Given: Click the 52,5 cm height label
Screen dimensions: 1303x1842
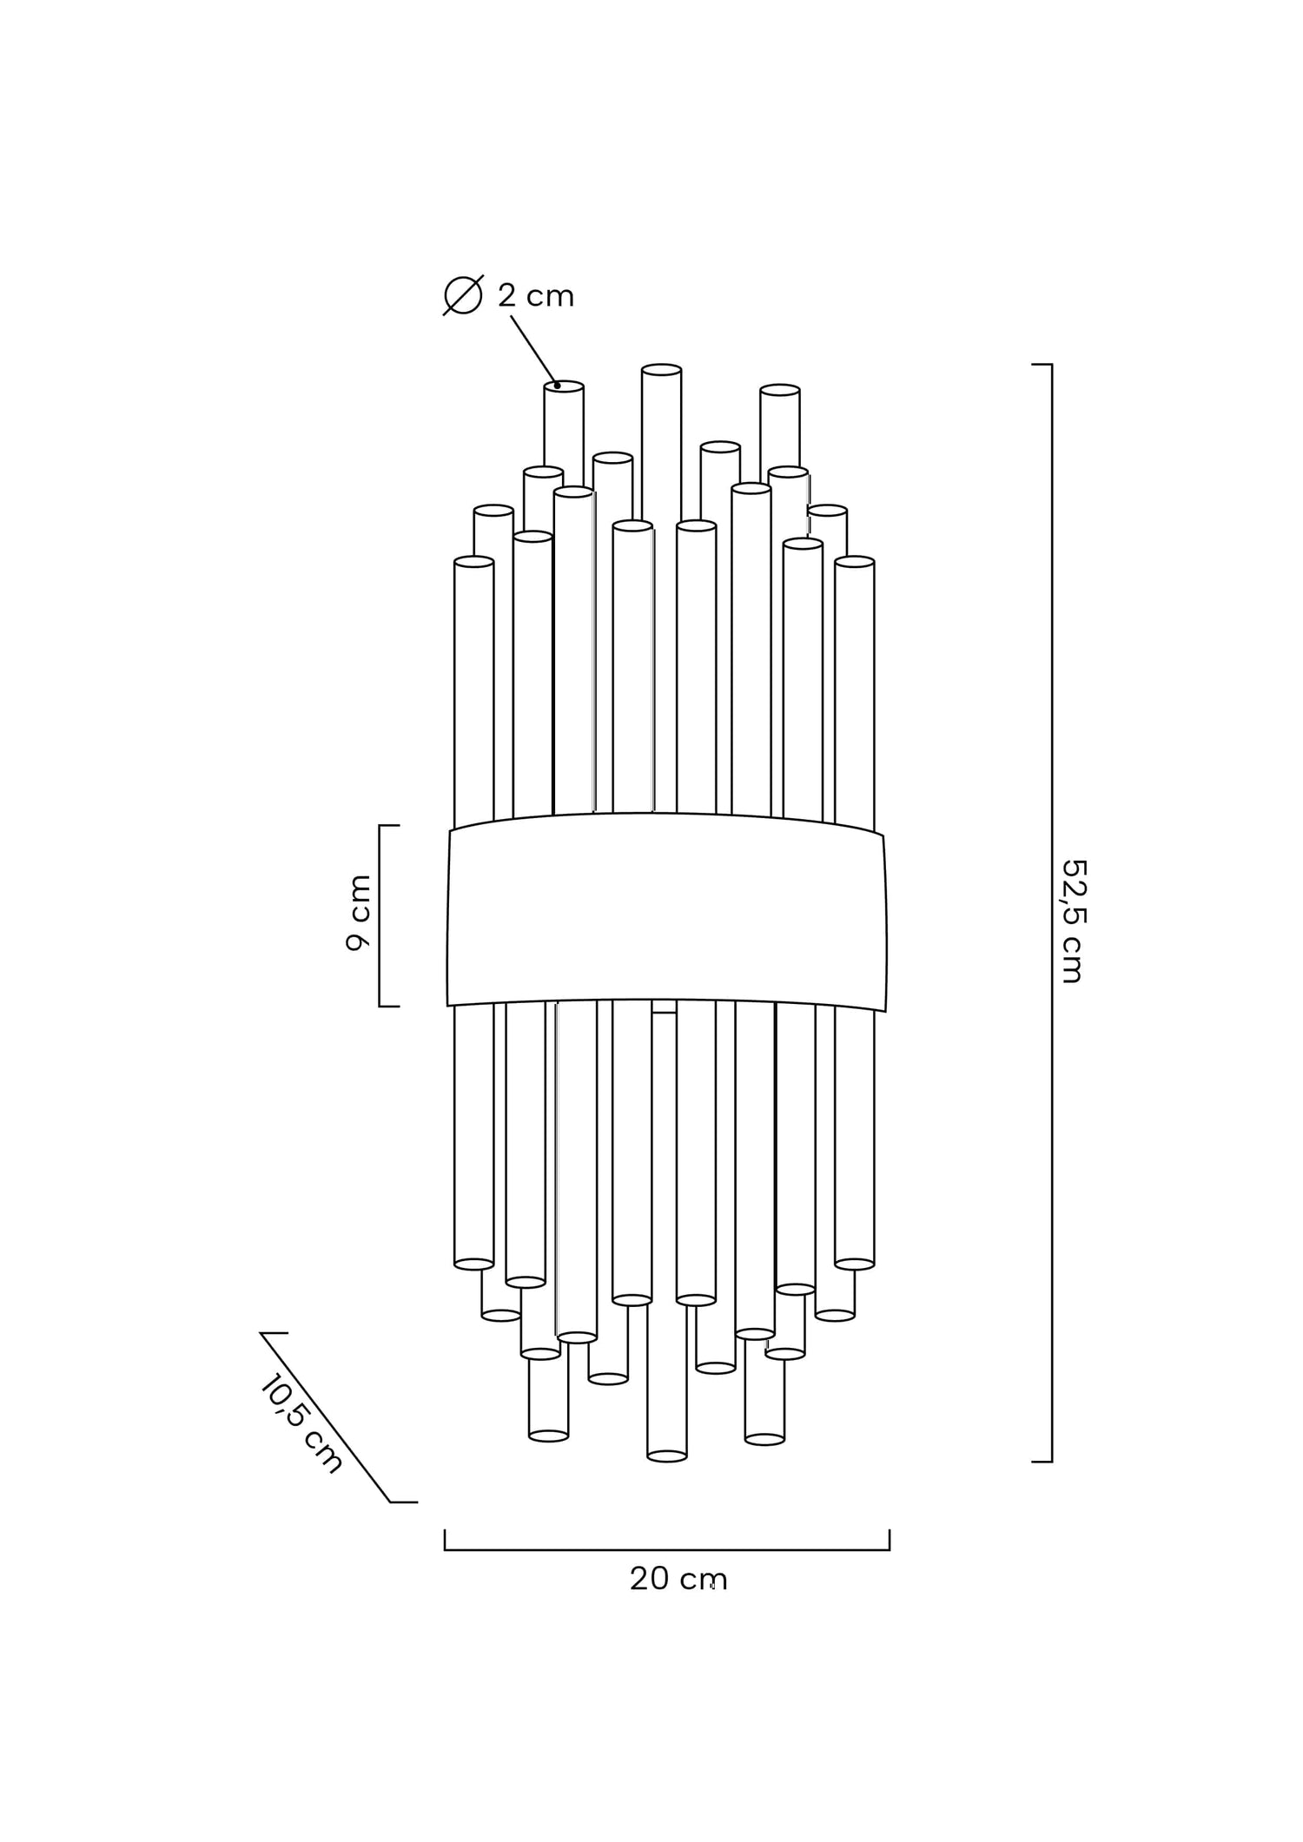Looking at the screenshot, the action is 1074,921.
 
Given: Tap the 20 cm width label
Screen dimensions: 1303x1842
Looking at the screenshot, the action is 678,1579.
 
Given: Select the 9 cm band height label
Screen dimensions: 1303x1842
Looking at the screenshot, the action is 358,913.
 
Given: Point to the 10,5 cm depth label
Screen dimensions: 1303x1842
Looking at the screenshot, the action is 301,1423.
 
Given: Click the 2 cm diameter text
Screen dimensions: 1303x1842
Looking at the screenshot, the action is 536,296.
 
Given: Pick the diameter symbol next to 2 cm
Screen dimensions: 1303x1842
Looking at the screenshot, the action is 463,295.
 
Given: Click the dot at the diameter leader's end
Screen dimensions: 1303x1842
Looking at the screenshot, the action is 557,386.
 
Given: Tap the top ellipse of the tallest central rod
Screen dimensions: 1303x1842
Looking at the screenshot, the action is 661,370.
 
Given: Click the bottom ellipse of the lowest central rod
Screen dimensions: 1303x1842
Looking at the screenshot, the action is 667,1456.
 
